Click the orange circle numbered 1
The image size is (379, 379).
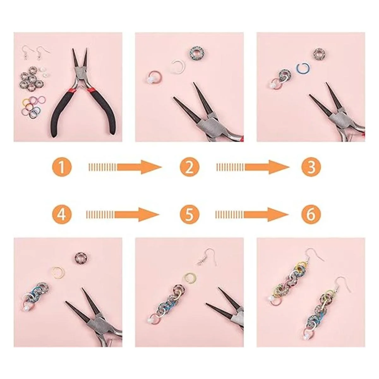pos(62,167)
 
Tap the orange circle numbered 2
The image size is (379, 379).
pos(189,167)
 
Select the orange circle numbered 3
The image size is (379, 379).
pos(311,167)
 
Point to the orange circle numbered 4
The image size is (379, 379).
pos(62,214)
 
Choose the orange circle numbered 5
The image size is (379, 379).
pos(189,214)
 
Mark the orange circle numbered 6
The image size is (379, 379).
pos(311,214)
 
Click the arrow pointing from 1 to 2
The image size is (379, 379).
pos(125,167)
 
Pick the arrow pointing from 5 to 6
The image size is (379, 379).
pos(252,214)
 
